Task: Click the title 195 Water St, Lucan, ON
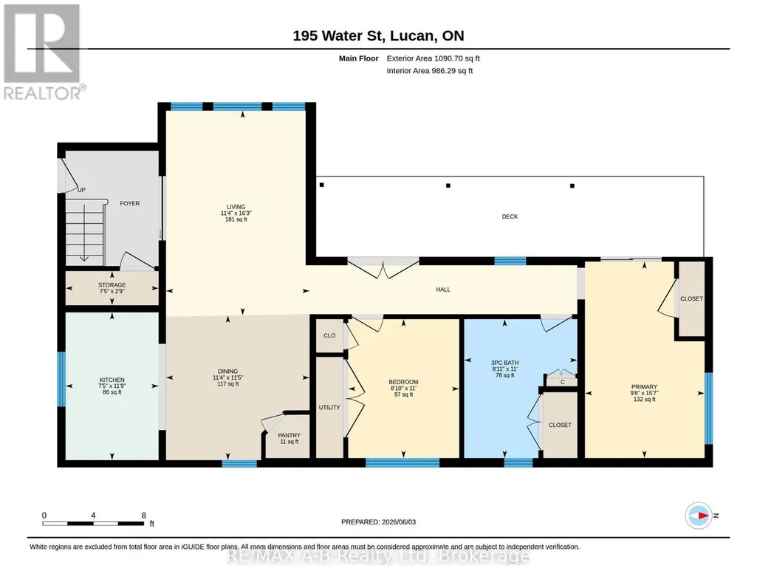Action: pos(378,35)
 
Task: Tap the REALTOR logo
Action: pos(44,52)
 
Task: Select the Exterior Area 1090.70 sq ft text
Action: pos(433,58)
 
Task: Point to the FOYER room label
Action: pos(130,204)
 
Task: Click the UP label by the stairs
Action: pos(81,190)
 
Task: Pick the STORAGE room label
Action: pos(112,285)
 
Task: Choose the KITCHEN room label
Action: pos(112,380)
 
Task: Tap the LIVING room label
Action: pos(236,207)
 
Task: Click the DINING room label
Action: pos(228,372)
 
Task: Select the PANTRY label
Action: pos(290,435)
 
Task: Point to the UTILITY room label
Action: pos(329,408)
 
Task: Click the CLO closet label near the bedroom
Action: pos(329,335)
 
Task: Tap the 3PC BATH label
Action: pos(505,363)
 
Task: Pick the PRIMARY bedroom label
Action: pos(644,386)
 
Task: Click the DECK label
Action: pos(510,216)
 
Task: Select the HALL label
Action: pos(443,290)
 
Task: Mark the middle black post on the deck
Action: pos(448,185)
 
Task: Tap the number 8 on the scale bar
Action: pos(144,516)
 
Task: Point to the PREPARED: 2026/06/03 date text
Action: pos(378,521)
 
